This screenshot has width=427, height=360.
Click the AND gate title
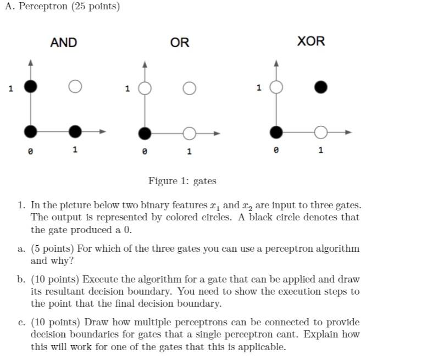(x=64, y=42)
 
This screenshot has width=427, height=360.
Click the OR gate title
(x=180, y=42)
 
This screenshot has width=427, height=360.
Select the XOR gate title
(x=311, y=41)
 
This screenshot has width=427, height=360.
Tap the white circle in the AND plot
(x=75, y=86)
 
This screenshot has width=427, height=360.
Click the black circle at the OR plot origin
(x=145, y=133)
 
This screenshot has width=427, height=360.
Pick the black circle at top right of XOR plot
(x=321, y=87)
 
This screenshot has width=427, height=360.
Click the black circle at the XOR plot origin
(x=276, y=132)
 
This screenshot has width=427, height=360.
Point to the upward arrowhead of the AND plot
(x=31, y=63)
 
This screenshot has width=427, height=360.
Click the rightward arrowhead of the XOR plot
(x=347, y=132)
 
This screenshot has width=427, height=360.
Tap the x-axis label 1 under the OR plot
(x=189, y=151)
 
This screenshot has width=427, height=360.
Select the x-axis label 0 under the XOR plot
(x=276, y=150)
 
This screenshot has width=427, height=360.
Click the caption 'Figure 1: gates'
(x=182, y=181)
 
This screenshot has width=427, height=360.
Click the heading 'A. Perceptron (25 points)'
(x=62, y=7)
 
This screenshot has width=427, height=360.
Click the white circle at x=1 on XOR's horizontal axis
(x=321, y=132)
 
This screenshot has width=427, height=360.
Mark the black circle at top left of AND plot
(x=31, y=86)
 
